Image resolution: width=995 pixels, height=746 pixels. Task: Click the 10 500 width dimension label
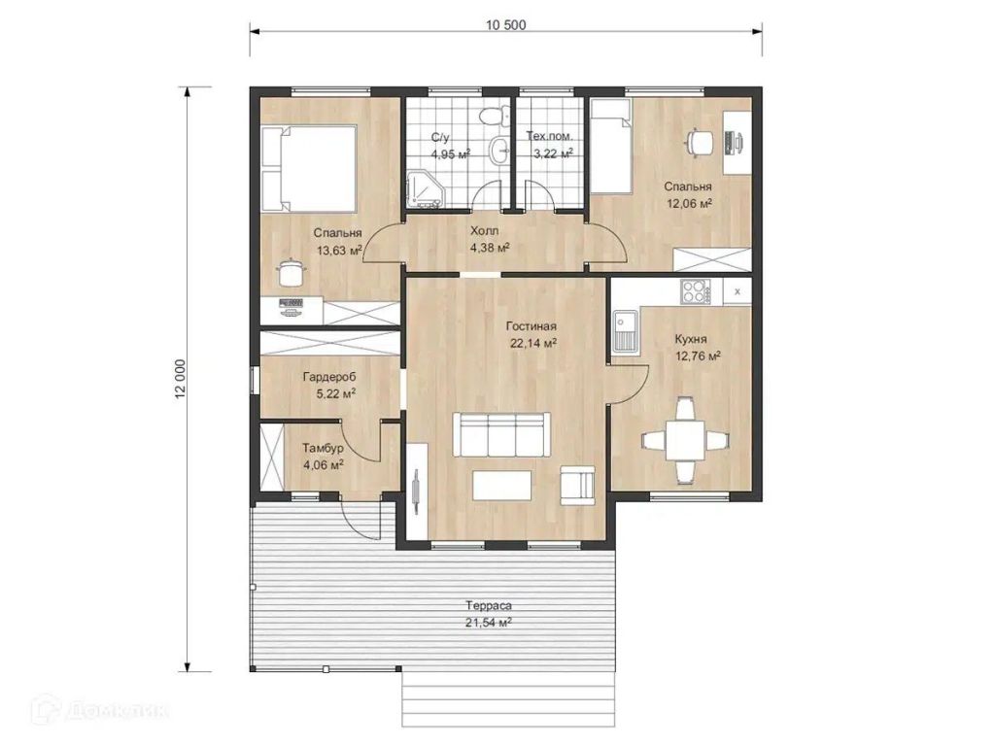pos(505,25)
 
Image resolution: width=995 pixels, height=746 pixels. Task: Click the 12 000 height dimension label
pos(180,380)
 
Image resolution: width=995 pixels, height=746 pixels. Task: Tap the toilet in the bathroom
pos(493,117)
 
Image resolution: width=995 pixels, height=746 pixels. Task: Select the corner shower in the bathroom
pos(424,188)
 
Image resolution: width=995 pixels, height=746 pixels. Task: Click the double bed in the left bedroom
pos(309,169)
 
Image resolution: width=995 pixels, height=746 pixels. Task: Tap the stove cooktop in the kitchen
pos(695,292)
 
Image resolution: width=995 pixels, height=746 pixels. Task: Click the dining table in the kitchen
pos(685,440)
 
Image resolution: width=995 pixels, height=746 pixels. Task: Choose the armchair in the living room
pos(577,486)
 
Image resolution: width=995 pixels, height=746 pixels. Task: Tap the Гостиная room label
pos(532,326)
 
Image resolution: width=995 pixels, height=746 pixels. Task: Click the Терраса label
pos(488,606)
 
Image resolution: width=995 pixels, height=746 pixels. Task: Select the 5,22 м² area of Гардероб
pos(335,394)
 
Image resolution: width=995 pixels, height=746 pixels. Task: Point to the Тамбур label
pos(323,449)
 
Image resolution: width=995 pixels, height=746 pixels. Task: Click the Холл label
pos(484,231)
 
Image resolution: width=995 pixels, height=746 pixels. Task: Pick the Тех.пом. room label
pos(550,136)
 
